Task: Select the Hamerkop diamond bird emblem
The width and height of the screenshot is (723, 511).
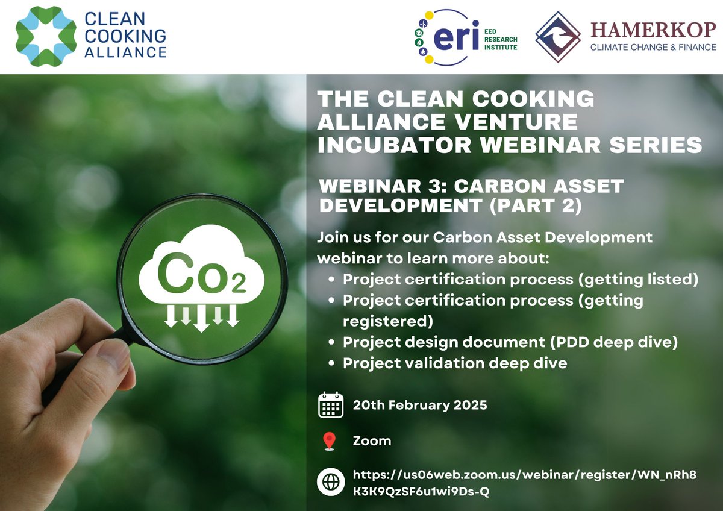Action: tap(558, 37)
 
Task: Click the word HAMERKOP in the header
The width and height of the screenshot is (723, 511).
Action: tap(653, 29)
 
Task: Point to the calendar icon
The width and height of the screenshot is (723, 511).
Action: tap(330, 405)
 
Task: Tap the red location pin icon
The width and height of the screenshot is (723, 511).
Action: tap(329, 441)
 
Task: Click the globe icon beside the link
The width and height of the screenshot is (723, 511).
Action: tap(330, 483)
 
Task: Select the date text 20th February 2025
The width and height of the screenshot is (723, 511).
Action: tap(419, 405)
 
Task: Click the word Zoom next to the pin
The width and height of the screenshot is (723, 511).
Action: tap(372, 441)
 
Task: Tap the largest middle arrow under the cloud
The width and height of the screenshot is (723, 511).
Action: tap(201, 318)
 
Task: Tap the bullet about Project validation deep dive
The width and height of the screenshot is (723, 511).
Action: tap(455, 363)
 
